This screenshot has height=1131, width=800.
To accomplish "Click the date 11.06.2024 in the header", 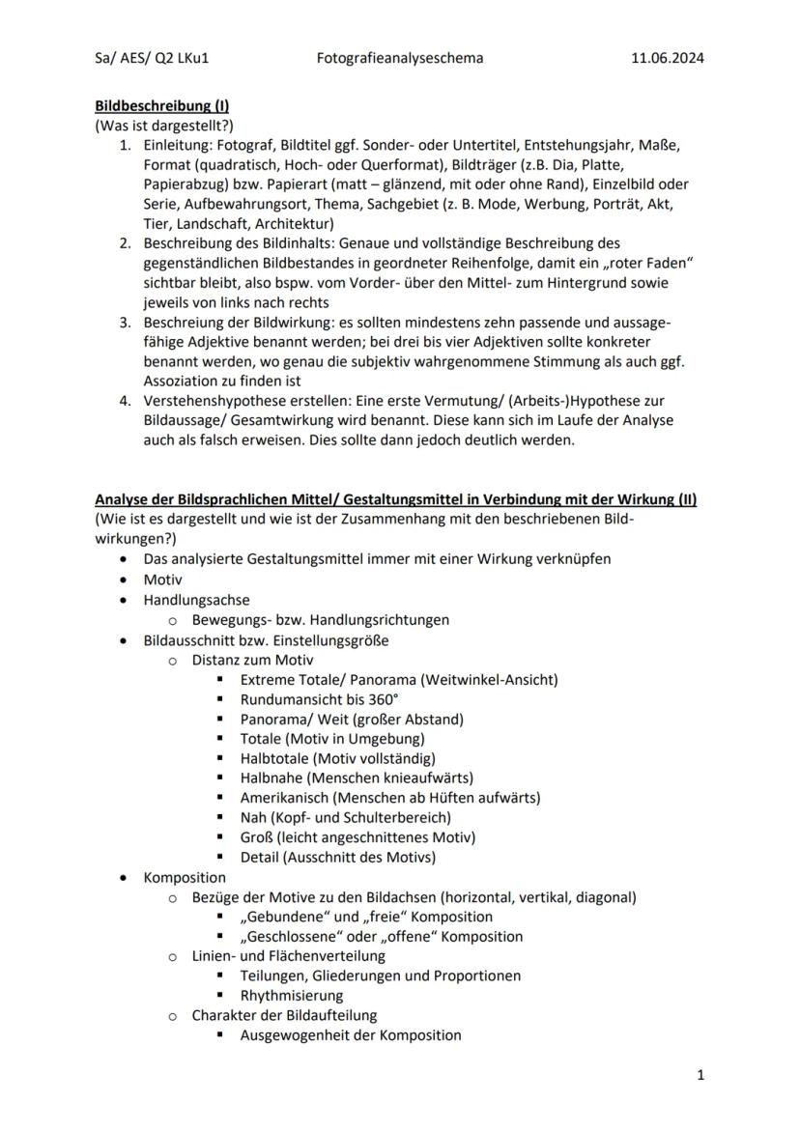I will point(668,58).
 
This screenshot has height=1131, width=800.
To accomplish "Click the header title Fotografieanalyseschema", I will point(400,58).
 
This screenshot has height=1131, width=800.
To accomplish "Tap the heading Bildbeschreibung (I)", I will point(161,105).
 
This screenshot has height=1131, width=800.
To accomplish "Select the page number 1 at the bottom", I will point(700,1075).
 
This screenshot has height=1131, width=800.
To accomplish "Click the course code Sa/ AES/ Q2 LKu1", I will point(152,58).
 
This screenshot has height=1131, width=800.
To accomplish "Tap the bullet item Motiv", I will point(163,580).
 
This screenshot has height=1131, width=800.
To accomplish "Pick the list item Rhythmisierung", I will point(291,995).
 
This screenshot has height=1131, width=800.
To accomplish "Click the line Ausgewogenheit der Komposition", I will point(350,1035).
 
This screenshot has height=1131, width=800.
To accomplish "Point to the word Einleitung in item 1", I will point(176,145).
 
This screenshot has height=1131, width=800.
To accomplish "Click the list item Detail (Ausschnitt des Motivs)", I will point(337,857).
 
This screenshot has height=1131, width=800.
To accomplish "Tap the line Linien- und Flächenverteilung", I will point(288,956).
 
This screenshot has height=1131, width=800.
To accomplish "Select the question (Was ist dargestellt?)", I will point(164,126).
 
